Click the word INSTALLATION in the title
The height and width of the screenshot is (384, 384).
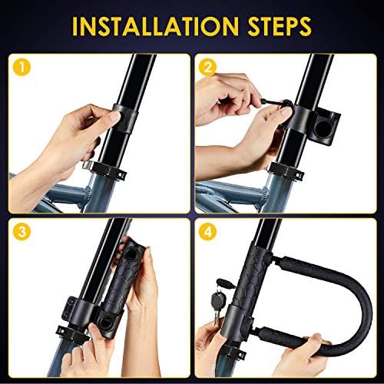click(155, 26)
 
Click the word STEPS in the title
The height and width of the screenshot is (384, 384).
click(280, 26)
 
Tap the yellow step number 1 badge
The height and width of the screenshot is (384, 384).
click(22, 68)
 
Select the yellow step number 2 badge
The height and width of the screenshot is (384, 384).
click(207, 68)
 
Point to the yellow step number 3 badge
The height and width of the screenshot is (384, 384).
click(22, 232)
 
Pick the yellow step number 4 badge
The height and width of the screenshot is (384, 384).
click(207, 232)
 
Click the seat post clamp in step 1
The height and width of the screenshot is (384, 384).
click(105, 170)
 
